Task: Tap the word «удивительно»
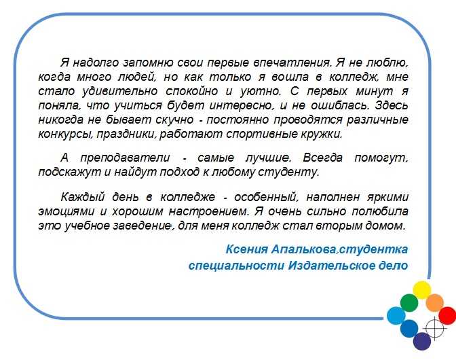120,92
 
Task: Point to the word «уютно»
261,92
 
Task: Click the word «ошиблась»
340,105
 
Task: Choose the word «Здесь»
392,105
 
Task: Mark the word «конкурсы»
66,134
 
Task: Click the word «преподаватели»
125,158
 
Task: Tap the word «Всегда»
323,158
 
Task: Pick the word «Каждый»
83,197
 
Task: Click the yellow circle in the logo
421,290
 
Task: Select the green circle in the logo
409,303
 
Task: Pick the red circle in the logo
447,315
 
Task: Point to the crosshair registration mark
435,329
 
